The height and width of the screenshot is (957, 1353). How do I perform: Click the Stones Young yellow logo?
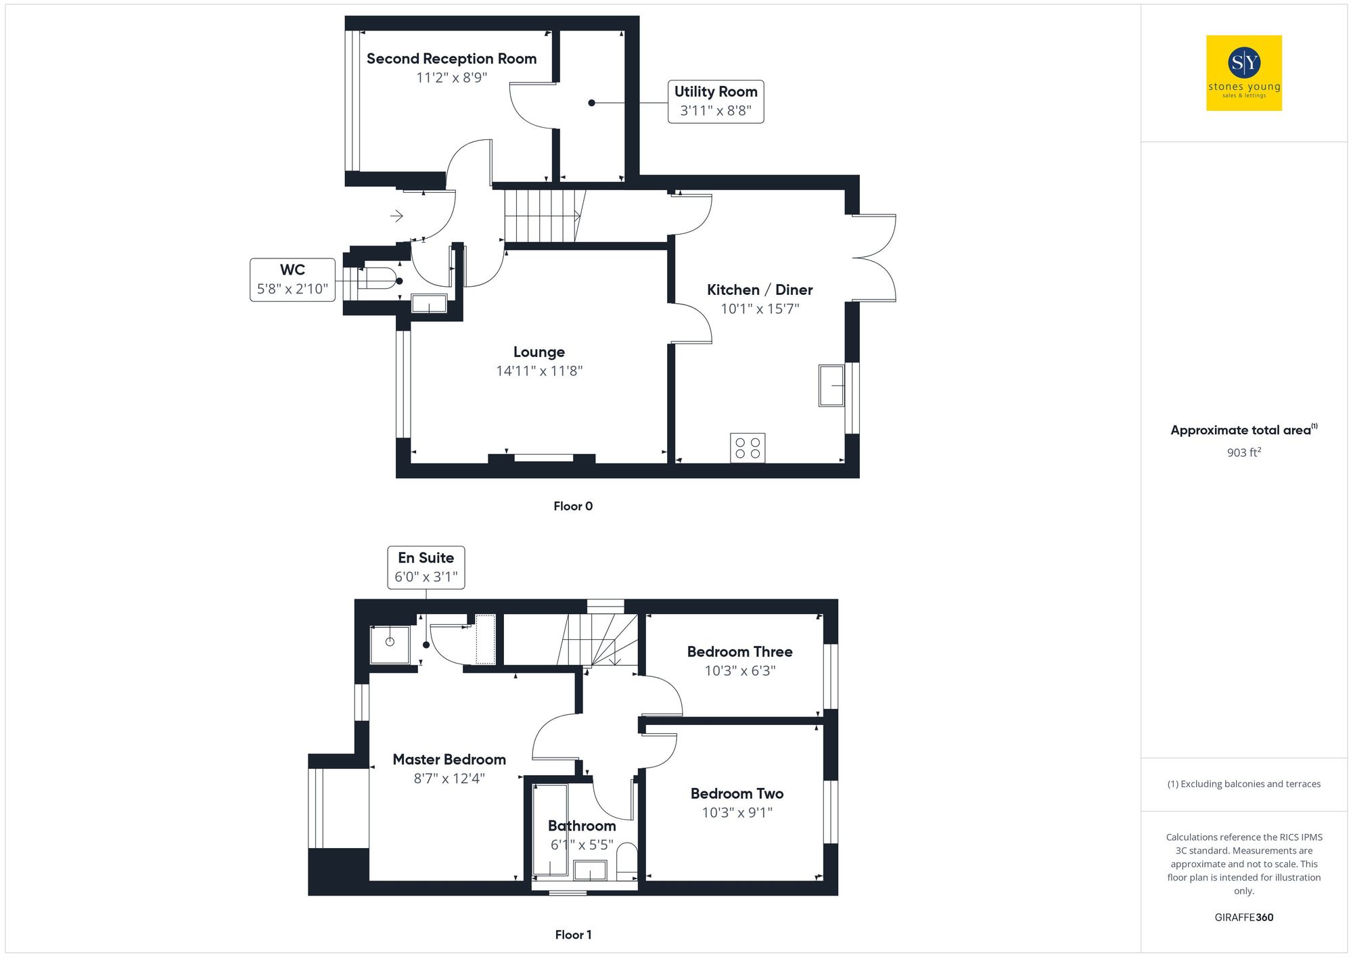1243,73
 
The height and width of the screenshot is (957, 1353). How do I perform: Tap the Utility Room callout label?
715,101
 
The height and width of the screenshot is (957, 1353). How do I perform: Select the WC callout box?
292,279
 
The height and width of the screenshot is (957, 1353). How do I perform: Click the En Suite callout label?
426,567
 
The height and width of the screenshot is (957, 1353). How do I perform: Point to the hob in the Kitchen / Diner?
748,448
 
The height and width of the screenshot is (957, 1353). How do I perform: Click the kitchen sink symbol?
831,386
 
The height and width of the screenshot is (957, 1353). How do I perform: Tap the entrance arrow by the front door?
396,216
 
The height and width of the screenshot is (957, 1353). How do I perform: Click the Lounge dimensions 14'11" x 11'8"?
539,371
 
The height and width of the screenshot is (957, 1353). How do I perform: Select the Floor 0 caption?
572,506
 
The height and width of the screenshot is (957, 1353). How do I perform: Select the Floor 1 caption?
572,935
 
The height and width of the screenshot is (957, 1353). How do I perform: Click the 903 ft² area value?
1243,452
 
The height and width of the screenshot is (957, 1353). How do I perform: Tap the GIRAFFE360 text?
1243,917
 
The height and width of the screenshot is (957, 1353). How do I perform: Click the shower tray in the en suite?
390,644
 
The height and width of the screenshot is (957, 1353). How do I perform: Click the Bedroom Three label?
739,651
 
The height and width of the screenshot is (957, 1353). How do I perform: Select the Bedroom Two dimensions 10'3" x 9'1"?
737,812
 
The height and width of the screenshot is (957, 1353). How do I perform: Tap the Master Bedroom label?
449,760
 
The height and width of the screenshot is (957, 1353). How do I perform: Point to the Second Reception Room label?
451,59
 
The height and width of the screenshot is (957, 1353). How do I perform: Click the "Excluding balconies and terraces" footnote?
1243,784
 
